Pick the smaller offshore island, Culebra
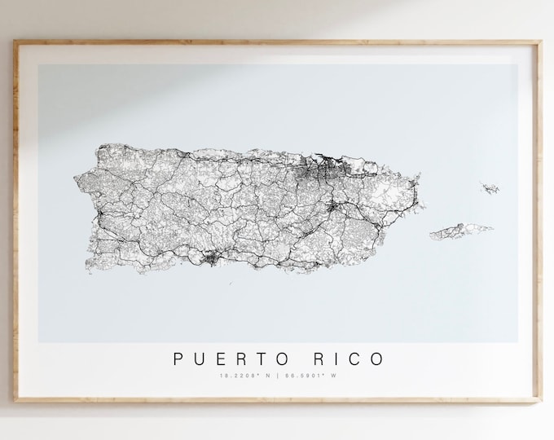[x=490, y=189]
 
